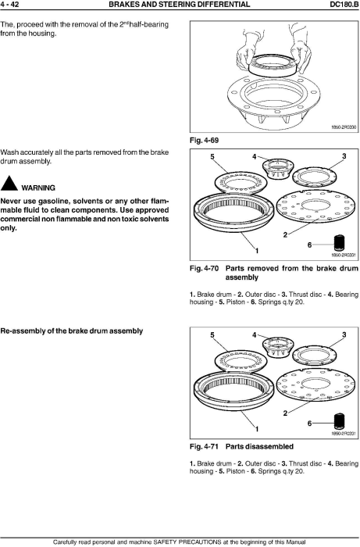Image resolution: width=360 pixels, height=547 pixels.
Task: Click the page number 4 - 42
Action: tap(9, 5)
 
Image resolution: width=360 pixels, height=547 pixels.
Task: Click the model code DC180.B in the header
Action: tap(344, 5)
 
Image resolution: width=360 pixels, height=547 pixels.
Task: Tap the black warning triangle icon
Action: tap(9, 184)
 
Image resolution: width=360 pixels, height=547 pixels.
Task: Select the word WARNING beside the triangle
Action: tap(38, 188)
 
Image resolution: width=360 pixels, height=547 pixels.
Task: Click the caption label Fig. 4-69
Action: tap(205, 140)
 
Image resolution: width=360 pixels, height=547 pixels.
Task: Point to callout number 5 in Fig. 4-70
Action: tap(212, 156)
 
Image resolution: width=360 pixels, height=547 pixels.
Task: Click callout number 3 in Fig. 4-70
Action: tap(344, 156)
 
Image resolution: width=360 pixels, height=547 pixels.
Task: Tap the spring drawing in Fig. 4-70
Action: tap(339, 242)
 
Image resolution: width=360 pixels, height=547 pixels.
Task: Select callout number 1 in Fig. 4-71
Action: tap(257, 429)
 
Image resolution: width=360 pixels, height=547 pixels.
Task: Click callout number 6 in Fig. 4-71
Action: tap(309, 424)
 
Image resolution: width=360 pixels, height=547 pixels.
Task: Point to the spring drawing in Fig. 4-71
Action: tap(339, 421)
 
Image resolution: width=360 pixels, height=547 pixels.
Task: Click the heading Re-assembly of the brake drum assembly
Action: tap(71, 331)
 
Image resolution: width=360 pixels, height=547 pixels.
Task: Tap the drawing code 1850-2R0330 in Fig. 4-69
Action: tap(344, 127)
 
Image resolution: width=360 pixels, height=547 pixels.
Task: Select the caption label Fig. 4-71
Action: tap(205, 446)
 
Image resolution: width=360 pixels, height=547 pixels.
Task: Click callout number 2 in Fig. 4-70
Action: tap(285, 234)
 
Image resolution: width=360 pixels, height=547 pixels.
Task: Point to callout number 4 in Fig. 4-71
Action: tap(254, 335)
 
